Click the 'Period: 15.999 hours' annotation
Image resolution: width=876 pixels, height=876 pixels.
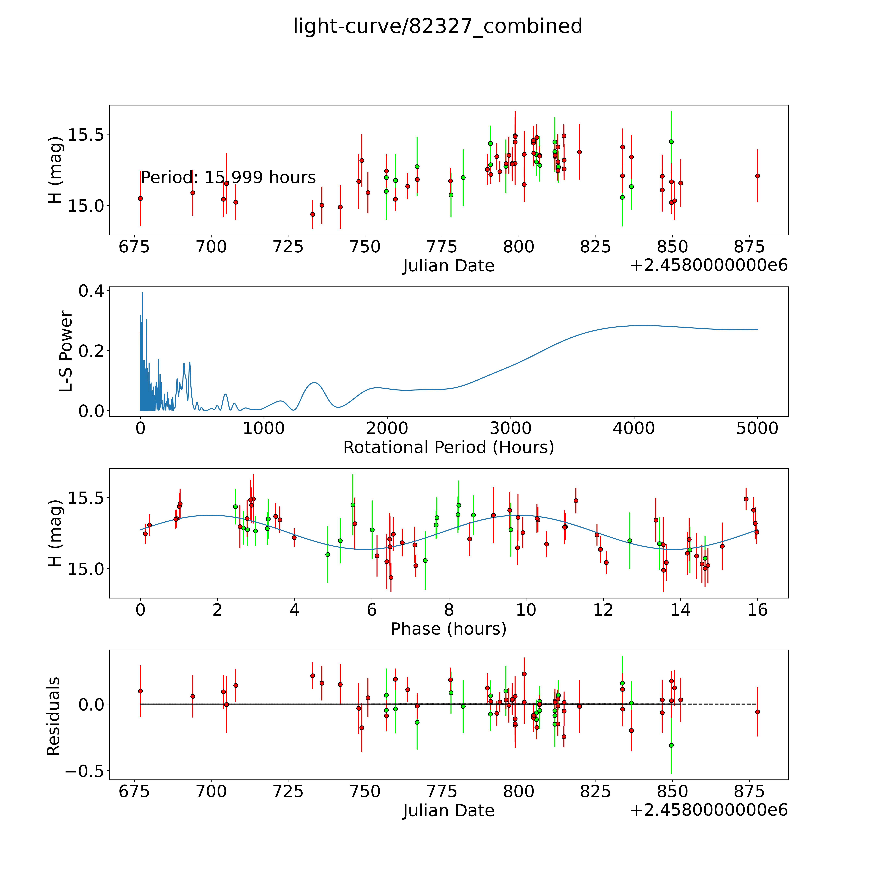pyautogui.click(x=228, y=177)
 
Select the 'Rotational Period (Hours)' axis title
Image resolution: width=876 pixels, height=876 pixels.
pyautogui.click(x=448, y=448)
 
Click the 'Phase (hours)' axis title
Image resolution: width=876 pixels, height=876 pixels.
pyautogui.click(x=448, y=629)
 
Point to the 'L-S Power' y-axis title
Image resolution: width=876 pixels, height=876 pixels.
pyautogui.click(x=66, y=351)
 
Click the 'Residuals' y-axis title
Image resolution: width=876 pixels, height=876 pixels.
pyautogui.click(x=54, y=716)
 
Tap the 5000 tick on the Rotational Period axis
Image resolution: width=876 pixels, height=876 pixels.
pyautogui.click(x=757, y=428)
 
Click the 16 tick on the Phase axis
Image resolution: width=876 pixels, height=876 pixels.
pyautogui.click(x=757, y=610)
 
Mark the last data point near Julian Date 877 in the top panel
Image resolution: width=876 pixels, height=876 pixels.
pyautogui.click(x=757, y=176)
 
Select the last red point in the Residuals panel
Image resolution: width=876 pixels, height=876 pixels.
pyautogui.click(x=757, y=712)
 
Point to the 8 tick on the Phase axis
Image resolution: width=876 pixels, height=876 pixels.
pyautogui.click(x=449, y=610)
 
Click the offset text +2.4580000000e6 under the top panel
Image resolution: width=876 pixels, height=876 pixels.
pyautogui.click(x=709, y=265)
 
